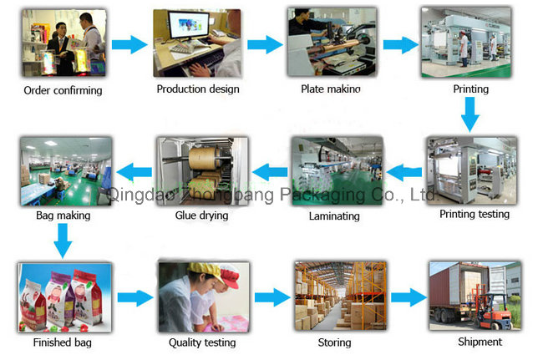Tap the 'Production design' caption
coord(198,89)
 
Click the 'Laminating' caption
coord(334,215)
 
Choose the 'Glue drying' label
coord(201,215)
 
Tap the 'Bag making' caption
coord(63,215)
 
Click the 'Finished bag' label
coord(63,342)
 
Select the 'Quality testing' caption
coord(202,342)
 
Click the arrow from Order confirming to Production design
coord(129,45)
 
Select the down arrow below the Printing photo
coord(471,113)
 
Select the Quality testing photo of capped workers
coord(203,296)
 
